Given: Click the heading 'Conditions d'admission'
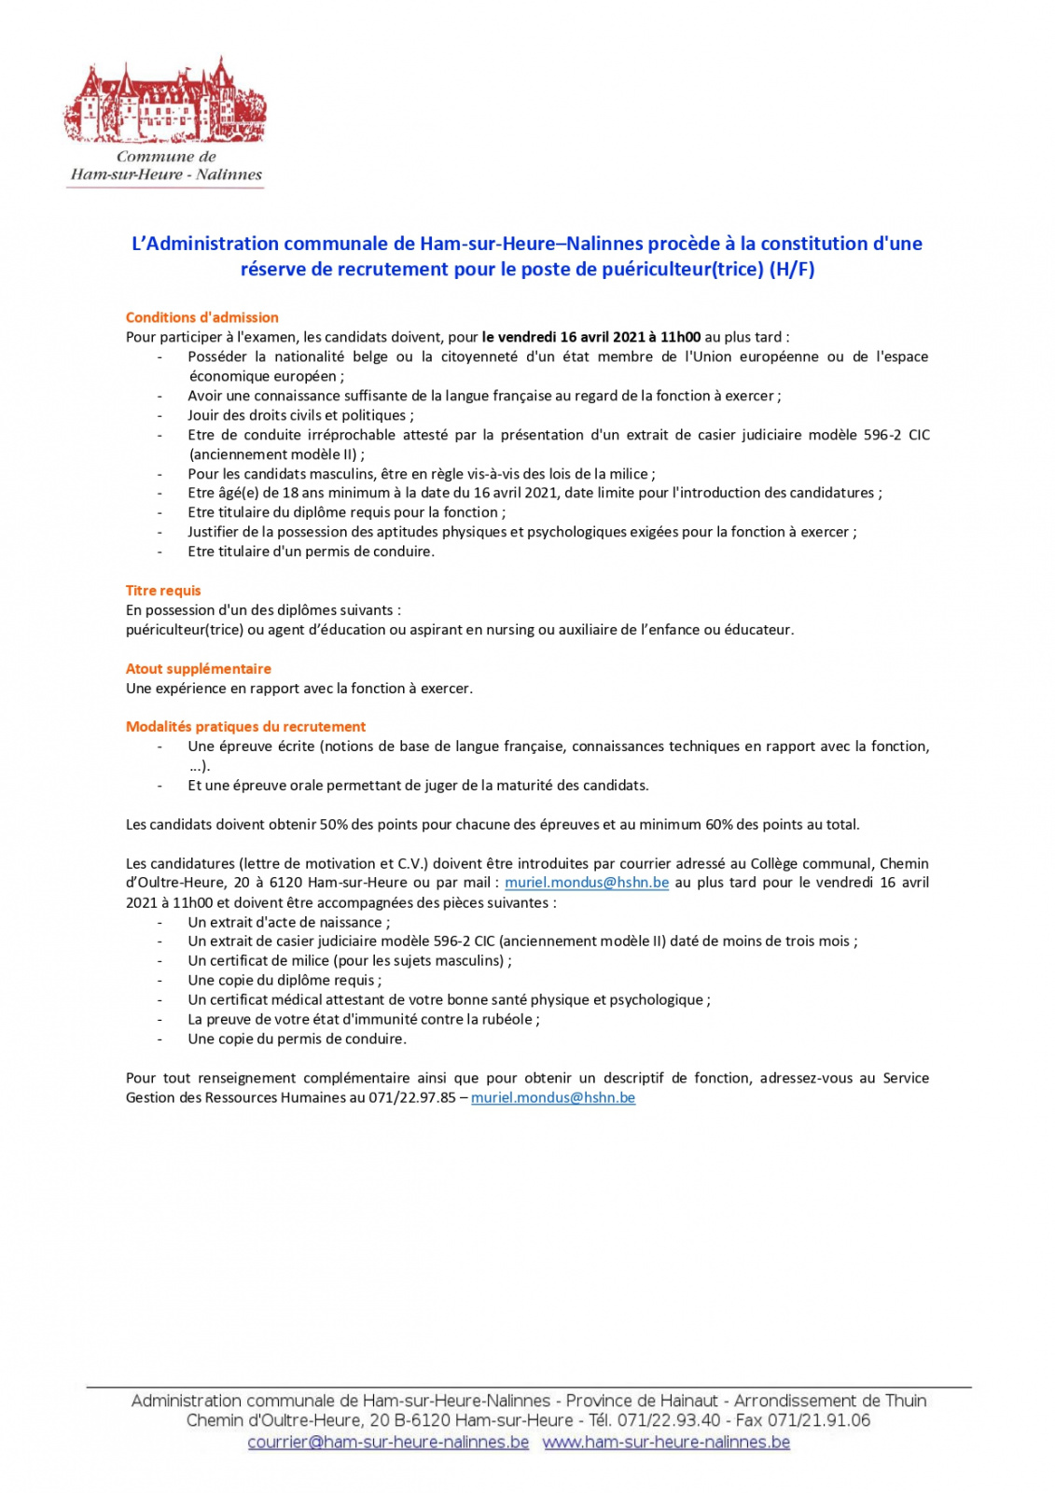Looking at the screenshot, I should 201,317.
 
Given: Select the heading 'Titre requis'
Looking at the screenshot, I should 163,591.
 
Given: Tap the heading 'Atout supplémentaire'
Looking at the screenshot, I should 199,669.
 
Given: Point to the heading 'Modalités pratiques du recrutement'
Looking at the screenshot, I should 245,727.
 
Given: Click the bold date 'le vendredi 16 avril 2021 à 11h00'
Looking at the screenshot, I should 591,337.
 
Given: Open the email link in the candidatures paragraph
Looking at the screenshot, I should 587,883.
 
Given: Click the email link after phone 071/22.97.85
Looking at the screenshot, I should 553,1098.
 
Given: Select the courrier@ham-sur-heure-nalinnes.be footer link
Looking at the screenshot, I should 388,1443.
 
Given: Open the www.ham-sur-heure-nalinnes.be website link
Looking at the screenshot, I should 666,1443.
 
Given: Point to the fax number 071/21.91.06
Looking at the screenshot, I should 819,1421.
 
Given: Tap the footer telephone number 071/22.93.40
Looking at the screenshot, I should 669,1421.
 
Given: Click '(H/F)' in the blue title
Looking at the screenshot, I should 791,270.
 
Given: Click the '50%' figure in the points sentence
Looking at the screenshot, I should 334,825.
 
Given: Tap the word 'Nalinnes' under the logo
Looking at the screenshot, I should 229,174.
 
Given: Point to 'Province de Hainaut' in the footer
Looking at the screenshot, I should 642,1401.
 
